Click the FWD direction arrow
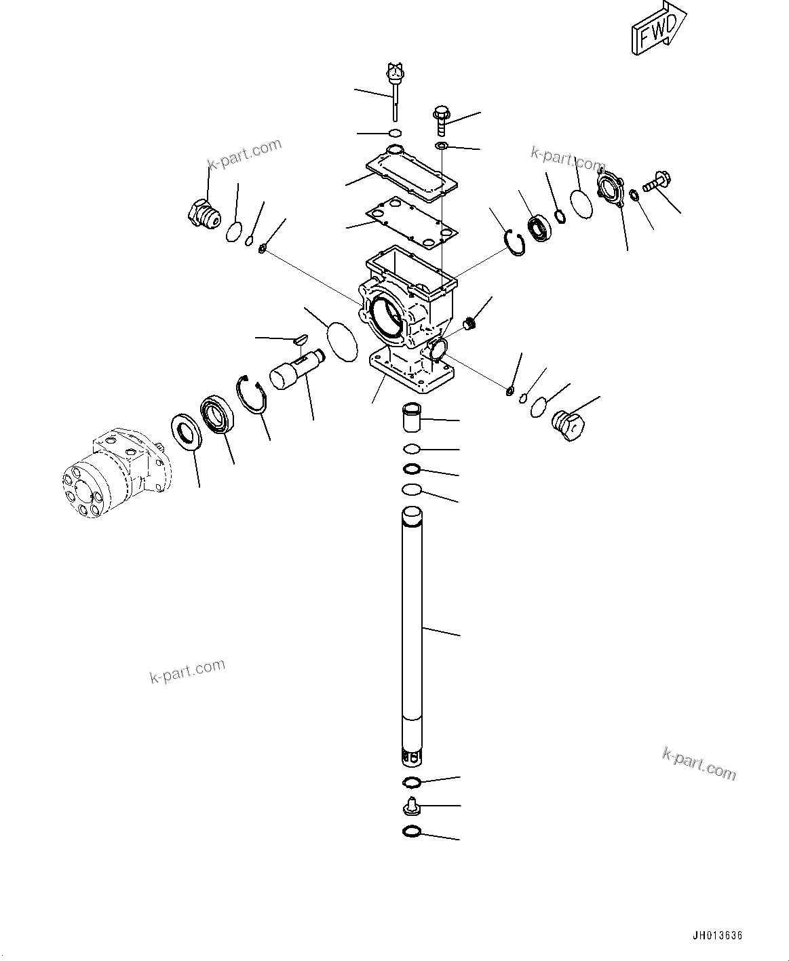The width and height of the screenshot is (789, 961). click(x=659, y=28)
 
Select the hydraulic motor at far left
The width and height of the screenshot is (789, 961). click(x=117, y=474)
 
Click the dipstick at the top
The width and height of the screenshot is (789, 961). click(x=395, y=92)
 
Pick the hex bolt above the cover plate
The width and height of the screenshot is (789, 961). click(x=442, y=121)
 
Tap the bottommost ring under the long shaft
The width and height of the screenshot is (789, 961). click(x=412, y=831)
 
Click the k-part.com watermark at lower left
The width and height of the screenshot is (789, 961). click(x=187, y=671)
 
